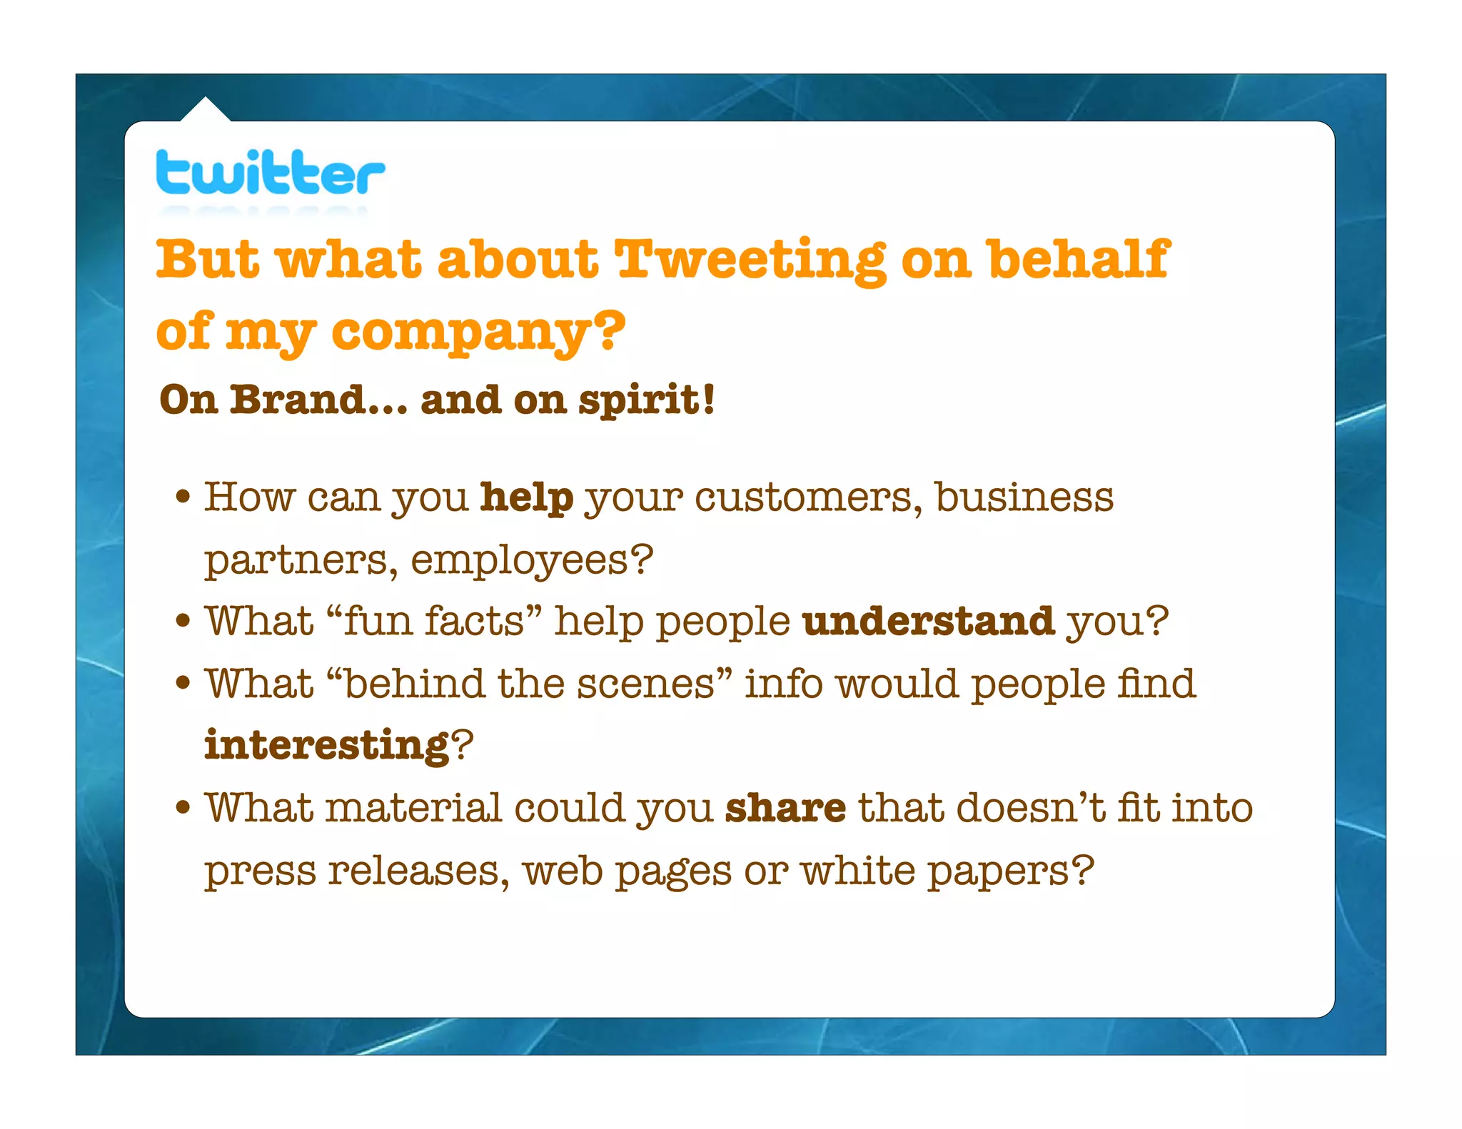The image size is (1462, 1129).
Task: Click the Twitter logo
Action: (270, 173)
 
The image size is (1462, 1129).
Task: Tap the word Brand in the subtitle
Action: (298, 400)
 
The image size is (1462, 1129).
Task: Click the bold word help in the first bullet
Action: (527, 497)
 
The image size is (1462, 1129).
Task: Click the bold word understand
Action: (928, 621)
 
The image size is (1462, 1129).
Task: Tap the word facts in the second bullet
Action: (475, 621)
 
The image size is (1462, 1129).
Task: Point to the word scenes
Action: (645, 684)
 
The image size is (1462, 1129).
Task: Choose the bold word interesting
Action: (327, 746)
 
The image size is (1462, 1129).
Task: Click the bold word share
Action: (785, 809)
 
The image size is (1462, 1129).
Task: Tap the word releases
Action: (417, 871)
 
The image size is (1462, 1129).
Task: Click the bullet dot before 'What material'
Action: (183, 808)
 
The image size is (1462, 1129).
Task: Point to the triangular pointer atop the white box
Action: (206, 110)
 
